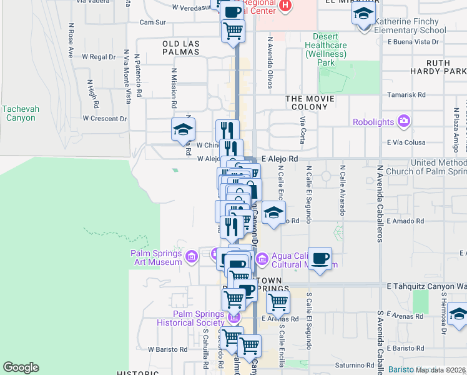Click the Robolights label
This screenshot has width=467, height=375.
click(374, 122)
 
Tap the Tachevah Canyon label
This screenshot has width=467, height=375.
click(21, 113)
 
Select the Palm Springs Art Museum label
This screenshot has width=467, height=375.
click(157, 257)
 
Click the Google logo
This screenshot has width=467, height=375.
click(21, 367)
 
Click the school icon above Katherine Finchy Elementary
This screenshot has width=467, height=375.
click(362, 12)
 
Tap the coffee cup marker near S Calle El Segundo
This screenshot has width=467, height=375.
click(320, 258)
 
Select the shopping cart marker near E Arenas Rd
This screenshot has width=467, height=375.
click(278, 302)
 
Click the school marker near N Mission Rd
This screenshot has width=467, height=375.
click(183, 129)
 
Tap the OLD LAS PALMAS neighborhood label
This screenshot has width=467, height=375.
click(180, 47)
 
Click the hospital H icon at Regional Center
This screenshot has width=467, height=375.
click(285, 6)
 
